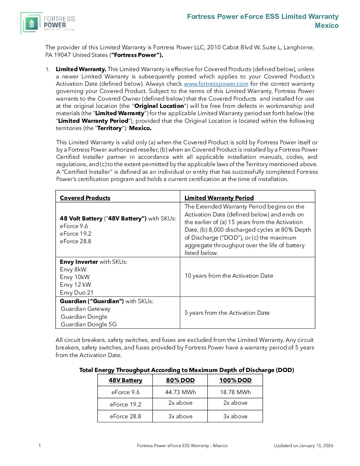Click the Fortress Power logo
coord(48,23)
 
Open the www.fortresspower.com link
coord(216,84)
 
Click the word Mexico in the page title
coord(327,25)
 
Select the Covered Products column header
coord(85,198)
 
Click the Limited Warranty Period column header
coord(219,198)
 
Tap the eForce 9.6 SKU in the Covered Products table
coord(74,226)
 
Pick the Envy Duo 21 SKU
coord(76,293)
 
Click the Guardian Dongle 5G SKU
coord(89,324)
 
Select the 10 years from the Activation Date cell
coord(229,276)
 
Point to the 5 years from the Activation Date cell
coord(227,313)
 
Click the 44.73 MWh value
coord(180,392)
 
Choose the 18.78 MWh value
coord(235,392)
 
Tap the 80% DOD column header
coord(180,380)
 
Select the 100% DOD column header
coord(235,380)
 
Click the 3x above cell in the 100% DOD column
coord(235,416)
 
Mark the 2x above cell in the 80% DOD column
coord(180,403)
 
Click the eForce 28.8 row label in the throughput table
coord(125,416)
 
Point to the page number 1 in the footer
coord(40,445)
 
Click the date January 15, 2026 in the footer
coord(316,446)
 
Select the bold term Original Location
coord(159,106)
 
